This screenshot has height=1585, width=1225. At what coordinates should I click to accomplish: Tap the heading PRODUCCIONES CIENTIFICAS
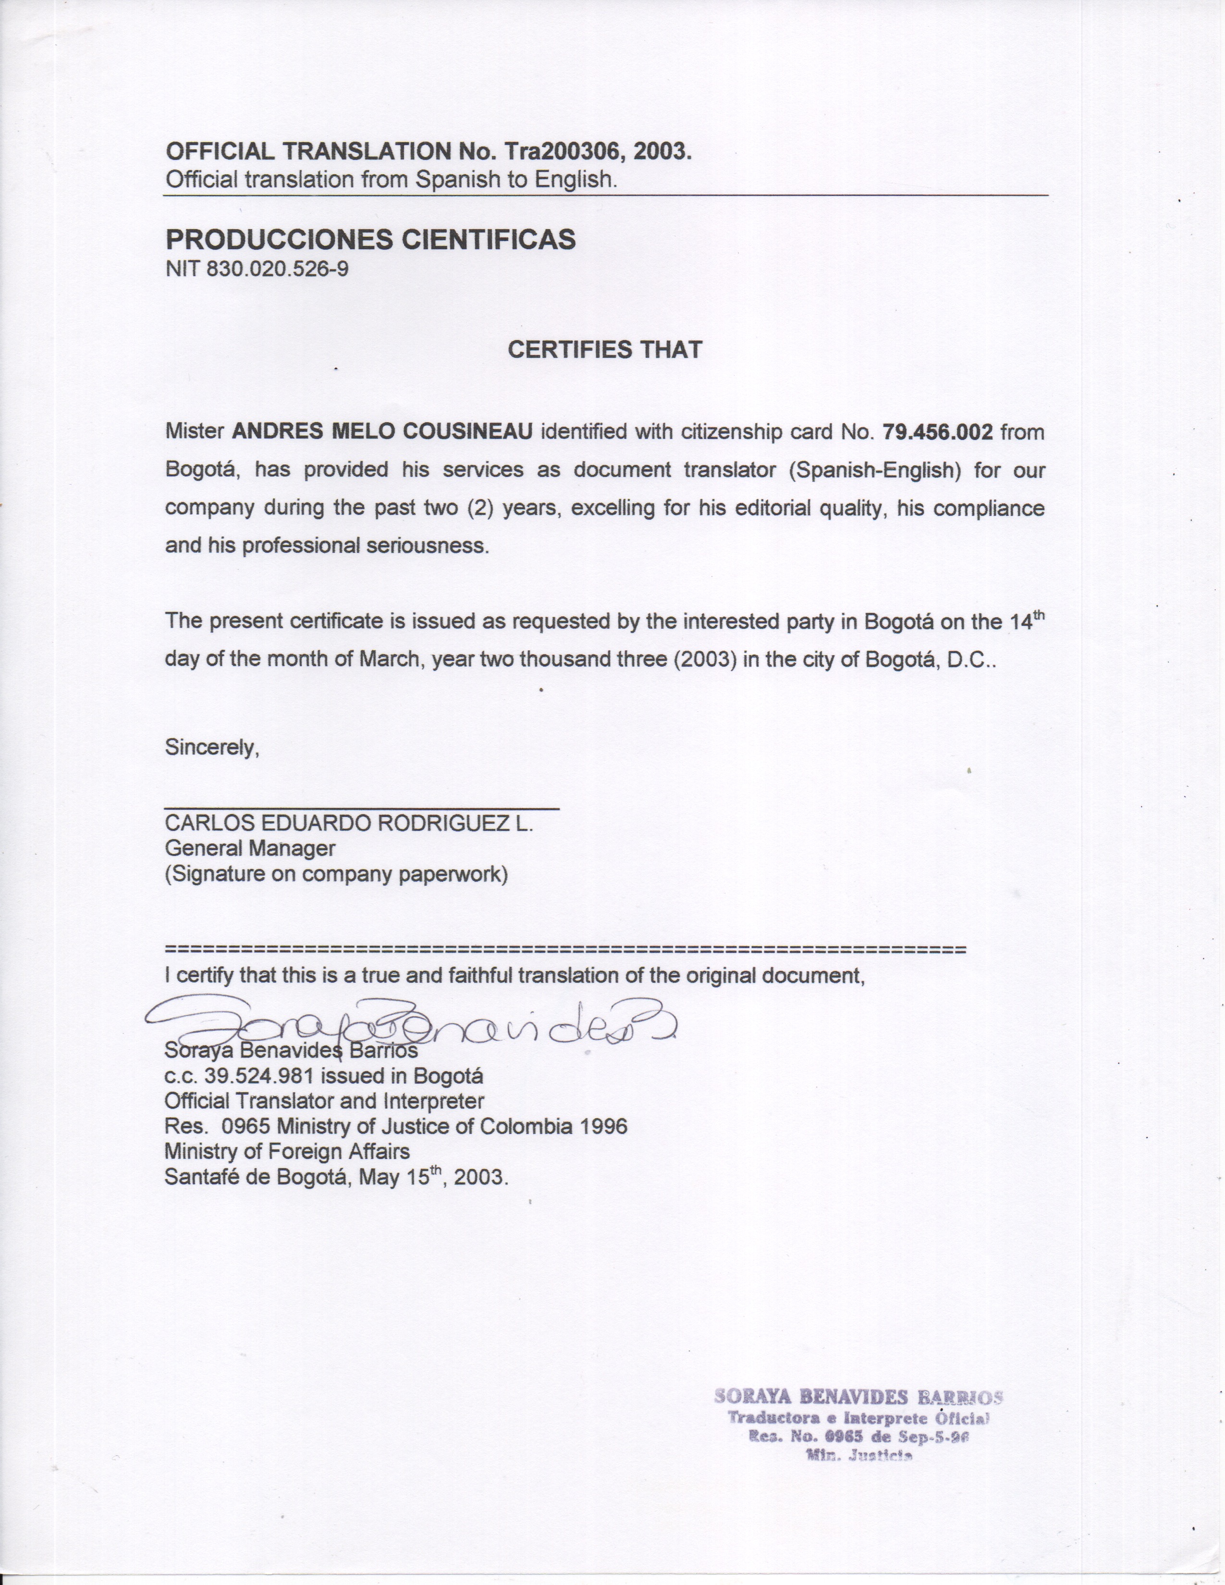pos(370,239)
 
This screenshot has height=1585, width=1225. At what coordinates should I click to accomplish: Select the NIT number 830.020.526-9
pos(277,269)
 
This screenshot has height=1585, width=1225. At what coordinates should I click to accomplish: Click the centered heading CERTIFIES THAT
pos(604,350)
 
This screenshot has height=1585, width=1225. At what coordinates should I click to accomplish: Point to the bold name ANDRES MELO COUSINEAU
pos(382,432)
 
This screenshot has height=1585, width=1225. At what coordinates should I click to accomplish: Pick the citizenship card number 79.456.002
pos(937,432)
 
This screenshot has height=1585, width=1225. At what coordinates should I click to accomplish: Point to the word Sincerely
pos(212,747)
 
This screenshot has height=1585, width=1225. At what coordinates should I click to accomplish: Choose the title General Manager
pos(250,848)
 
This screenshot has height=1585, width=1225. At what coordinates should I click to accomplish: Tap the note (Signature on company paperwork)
pos(336,874)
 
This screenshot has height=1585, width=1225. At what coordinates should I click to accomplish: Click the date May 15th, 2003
pos(433,1176)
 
